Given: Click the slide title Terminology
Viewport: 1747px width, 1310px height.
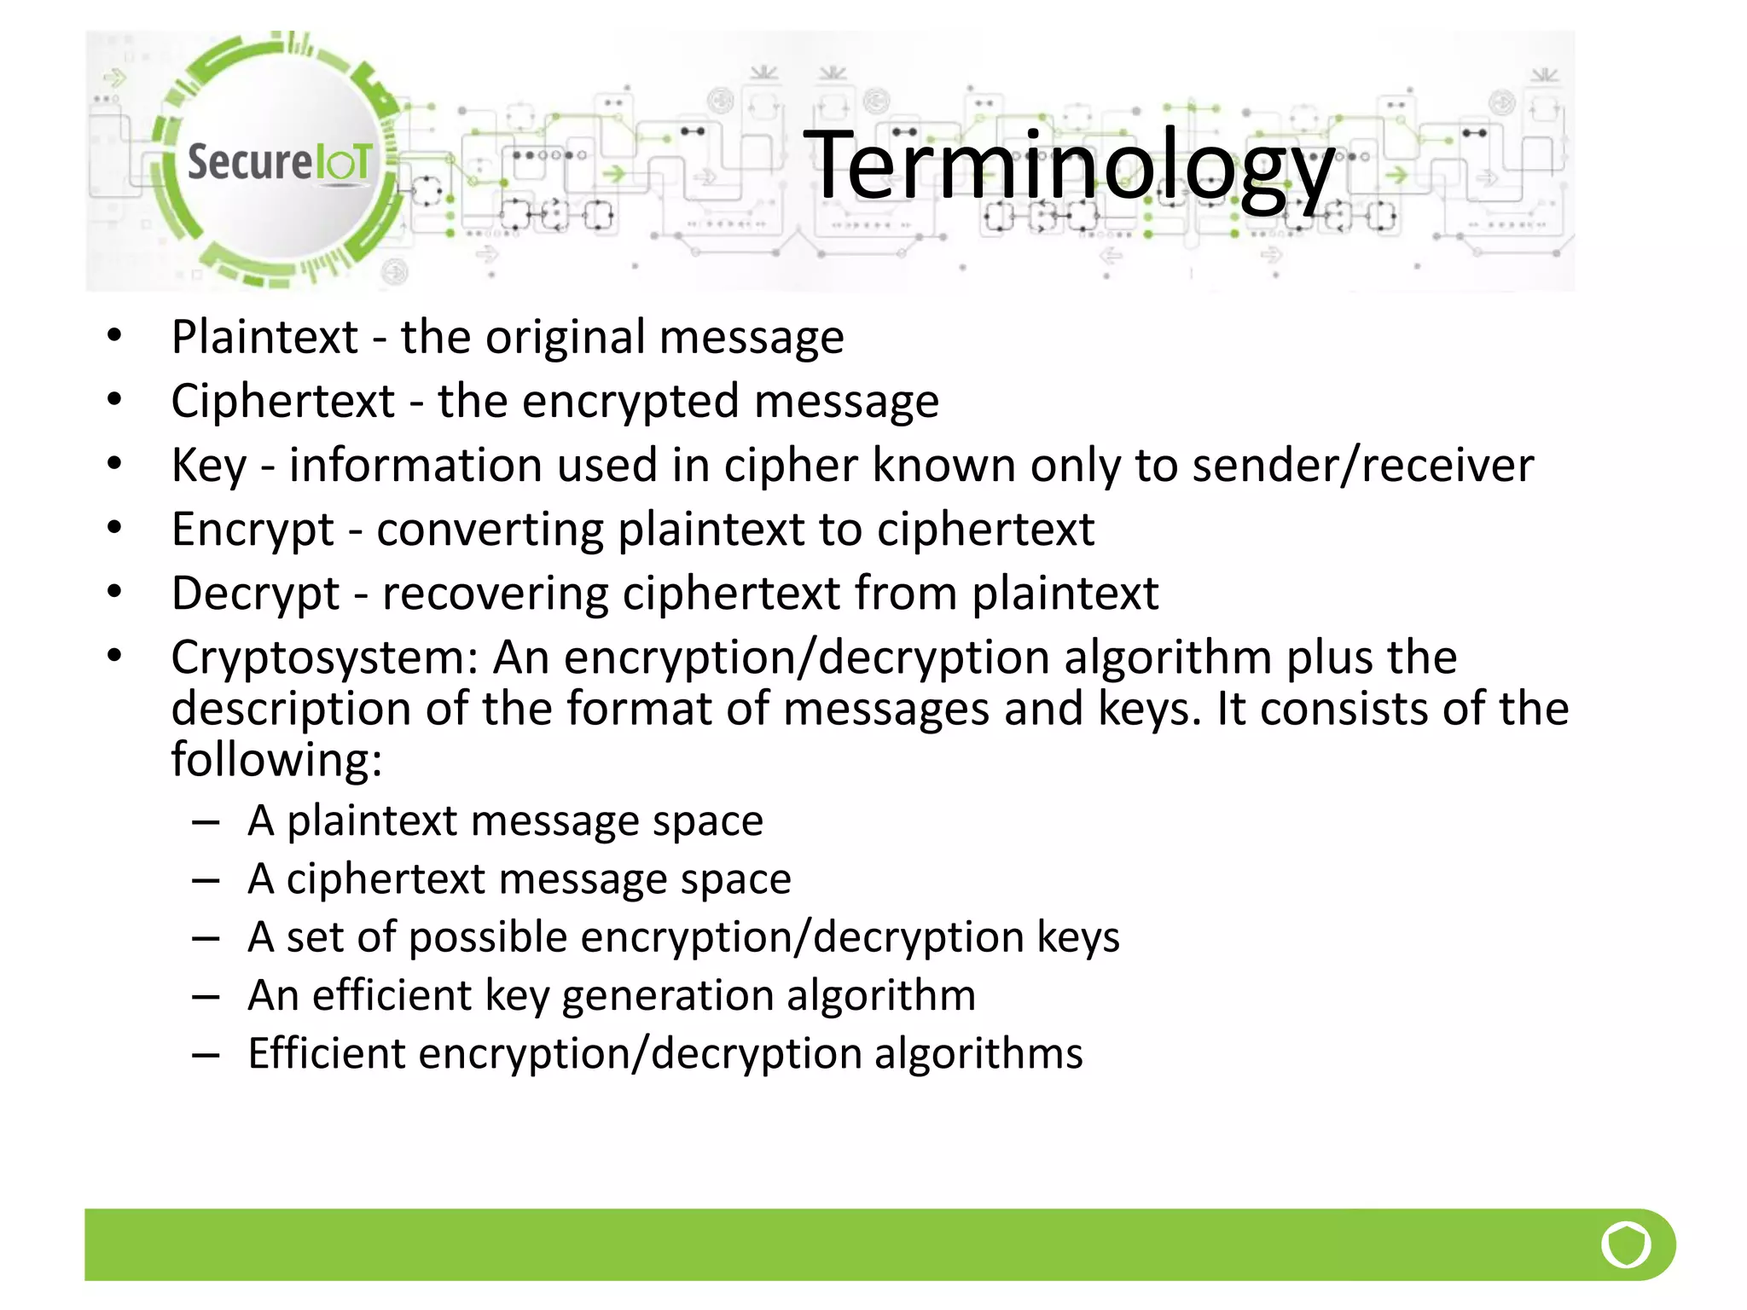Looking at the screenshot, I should [1068, 166].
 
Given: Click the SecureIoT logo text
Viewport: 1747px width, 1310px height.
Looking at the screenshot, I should [279, 161].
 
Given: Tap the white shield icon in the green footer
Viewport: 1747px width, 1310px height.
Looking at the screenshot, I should [1625, 1244].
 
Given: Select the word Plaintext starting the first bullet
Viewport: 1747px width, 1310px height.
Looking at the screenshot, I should [264, 337].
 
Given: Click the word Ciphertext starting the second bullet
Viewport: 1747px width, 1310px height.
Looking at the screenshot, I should [283, 401].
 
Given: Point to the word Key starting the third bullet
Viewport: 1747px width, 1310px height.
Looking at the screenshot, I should [208, 466].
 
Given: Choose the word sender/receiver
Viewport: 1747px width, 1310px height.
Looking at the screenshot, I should [1362, 466].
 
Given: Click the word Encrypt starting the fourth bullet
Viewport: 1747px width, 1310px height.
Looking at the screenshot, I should [252, 530].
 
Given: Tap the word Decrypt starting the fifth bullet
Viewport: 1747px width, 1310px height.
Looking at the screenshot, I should [255, 594].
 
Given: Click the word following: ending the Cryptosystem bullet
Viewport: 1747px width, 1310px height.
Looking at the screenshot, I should [276, 759].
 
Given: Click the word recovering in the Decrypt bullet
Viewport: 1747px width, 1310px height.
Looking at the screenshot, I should [494, 594].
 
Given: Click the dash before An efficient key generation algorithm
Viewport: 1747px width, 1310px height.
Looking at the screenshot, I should [206, 996].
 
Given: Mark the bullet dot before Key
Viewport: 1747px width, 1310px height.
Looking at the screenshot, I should [114, 464].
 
